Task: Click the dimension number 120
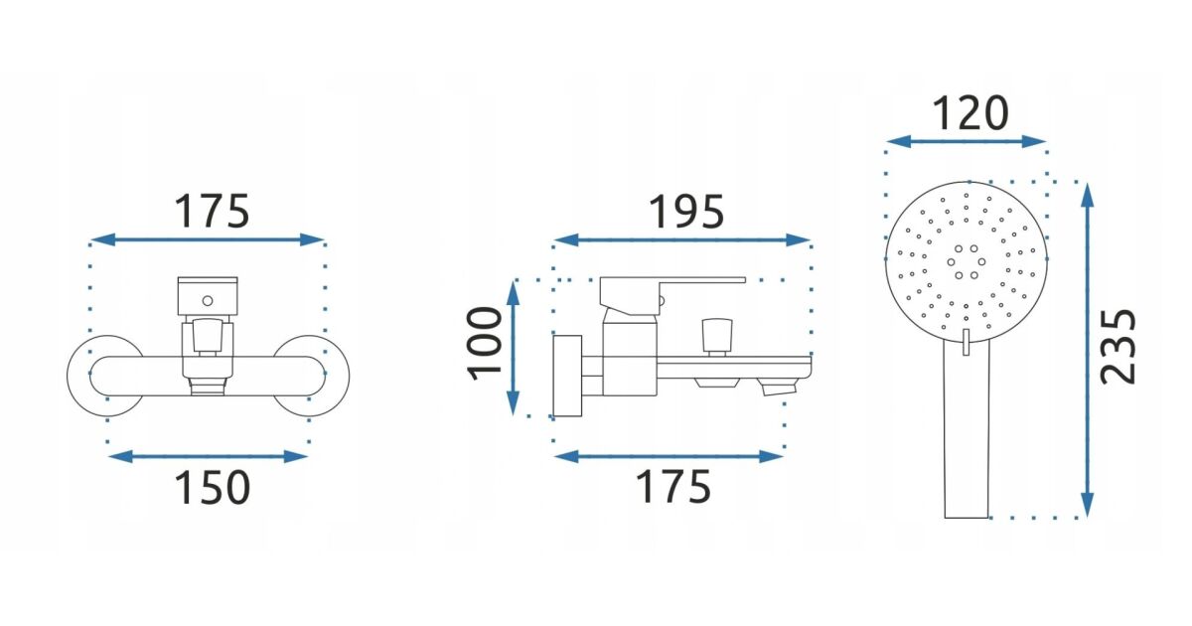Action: (970, 113)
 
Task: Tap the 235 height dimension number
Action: (1117, 347)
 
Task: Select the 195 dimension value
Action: (686, 212)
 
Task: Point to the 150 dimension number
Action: (212, 488)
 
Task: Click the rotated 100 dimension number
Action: (485, 344)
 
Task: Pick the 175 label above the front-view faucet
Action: (212, 212)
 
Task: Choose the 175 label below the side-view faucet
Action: (673, 487)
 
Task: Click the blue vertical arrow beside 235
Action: (1088, 350)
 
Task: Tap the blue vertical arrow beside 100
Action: (513, 348)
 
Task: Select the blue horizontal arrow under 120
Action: (966, 141)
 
